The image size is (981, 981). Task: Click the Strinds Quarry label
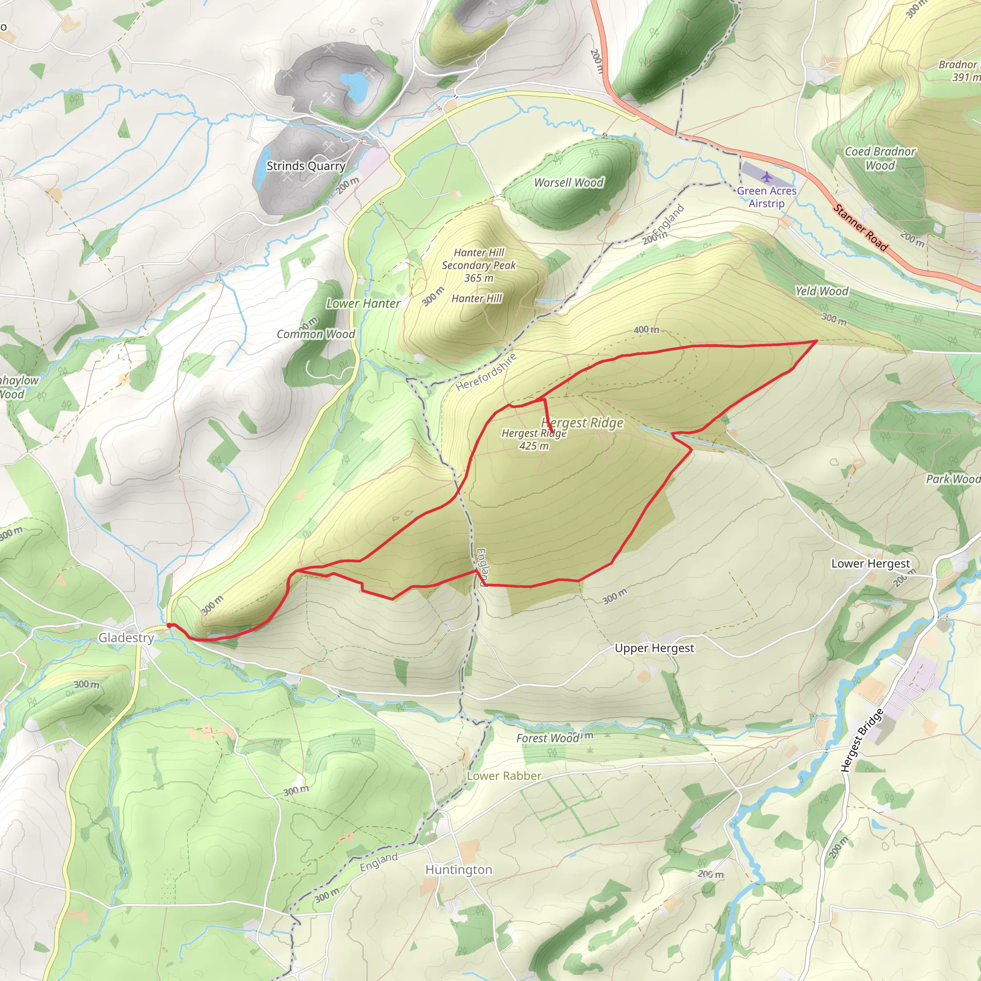click(x=306, y=166)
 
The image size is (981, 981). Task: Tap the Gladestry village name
click(x=126, y=638)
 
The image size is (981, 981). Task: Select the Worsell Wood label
click(x=569, y=183)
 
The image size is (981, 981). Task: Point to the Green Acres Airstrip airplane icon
click(x=766, y=177)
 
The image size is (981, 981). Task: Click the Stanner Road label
click(x=861, y=228)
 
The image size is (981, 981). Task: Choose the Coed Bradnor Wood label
click(x=880, y=159)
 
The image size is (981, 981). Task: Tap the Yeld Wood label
click(x=821, y=291)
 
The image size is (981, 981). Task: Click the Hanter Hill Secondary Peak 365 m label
click(x=479, y=265)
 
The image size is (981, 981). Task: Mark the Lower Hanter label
click(x=363, y=304)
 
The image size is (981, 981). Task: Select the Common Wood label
click(x=315, y=334)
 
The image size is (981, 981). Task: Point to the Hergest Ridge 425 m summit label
click(x=534, y=440)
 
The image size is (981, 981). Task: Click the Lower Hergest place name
click(x=870, y=564)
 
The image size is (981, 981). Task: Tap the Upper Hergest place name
click(x=654, y=649)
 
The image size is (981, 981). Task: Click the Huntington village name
click(x=458, y=870)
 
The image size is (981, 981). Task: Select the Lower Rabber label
click(x=504, y=776)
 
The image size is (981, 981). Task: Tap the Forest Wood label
click(x=548, y=738)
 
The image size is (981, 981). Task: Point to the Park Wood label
click(x=953, y=479)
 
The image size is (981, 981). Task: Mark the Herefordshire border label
click(x=486, y=372)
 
